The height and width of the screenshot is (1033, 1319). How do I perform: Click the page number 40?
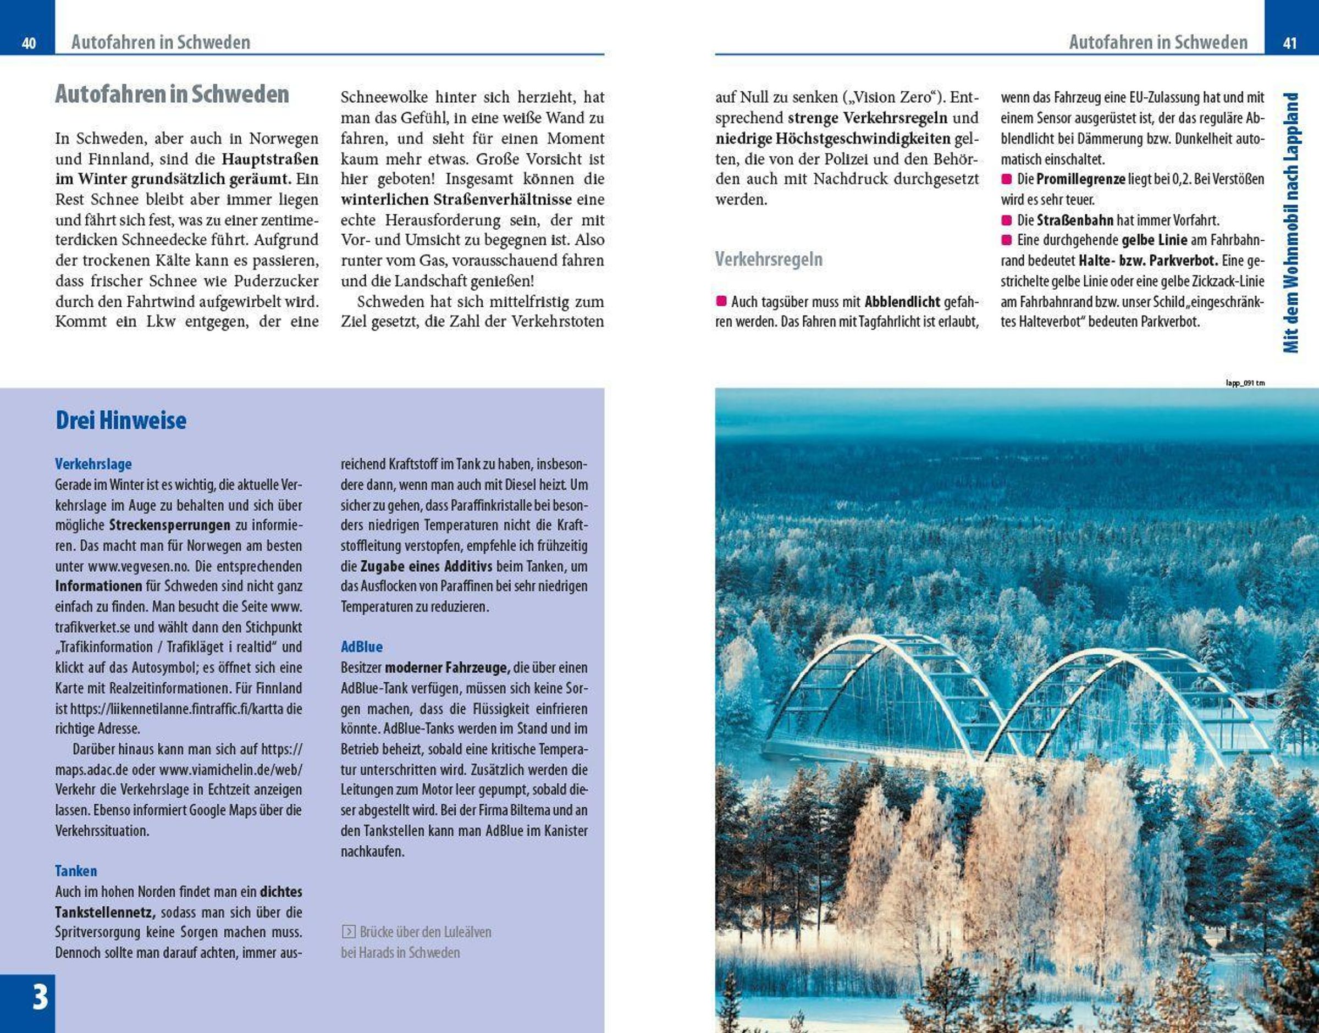(x=29, y=43)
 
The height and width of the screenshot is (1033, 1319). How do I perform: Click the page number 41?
(x=1290, y=43)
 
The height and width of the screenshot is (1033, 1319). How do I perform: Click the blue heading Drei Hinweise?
(x=121, y=421)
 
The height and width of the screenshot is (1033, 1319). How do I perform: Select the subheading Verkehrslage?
(x=93, y=464)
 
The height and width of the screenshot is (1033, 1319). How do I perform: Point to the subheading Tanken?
(x=75, y=871)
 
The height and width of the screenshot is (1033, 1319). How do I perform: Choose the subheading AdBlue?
(x=362, y=647)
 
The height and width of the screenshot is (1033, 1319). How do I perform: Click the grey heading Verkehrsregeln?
(x=769, y=259)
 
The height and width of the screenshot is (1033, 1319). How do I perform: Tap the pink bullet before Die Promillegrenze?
(x=1006, y=179)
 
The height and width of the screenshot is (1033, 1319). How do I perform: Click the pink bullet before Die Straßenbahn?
(x=1006, y=220)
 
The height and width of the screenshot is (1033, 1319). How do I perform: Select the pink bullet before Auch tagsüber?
(x=721, y=301)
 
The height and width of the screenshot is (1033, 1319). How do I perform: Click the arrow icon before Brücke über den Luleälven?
(x=349, y=932)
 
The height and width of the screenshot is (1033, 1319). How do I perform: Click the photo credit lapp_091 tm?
(x=1245, y=383)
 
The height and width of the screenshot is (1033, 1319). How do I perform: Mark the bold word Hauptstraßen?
(x=271, y=159)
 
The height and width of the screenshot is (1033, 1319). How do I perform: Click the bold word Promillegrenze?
(x=1080, y=179)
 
